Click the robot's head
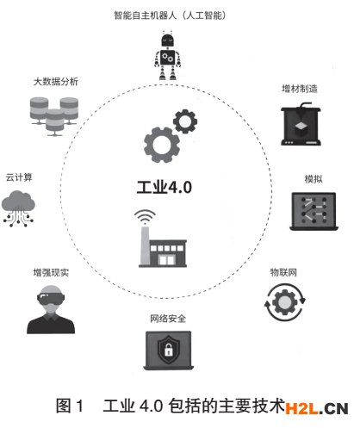pos(167,40)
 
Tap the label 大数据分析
pos(56,82)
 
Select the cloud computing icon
pos(18,208)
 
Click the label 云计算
pos(19,177)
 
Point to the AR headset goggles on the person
pos(51,298)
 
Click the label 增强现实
pos(51,272)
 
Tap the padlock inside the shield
pos(169,350)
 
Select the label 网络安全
pos(168,319)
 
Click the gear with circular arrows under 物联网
pos(284,302)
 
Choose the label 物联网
pos(283,272)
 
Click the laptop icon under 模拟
pos(313,211)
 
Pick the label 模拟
pos(313,179)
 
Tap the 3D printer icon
pos(301,124)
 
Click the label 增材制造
pos(300,89)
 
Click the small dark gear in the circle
pos(185,121)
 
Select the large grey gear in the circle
pos(162,145)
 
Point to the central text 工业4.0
pos(164,188)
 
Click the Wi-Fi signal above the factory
pos(145,217)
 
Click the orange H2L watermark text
pos(301,408)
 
